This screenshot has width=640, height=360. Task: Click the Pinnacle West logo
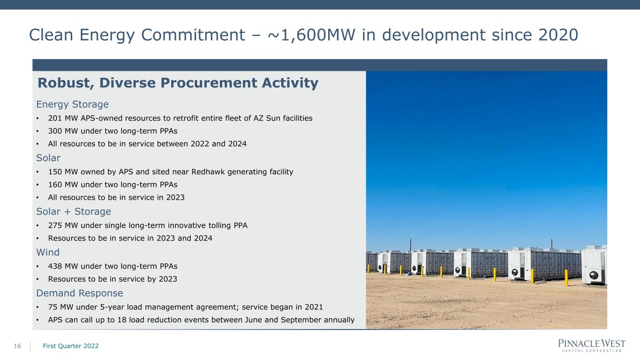pos(592,345)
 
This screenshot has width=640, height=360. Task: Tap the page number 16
pos(17,346)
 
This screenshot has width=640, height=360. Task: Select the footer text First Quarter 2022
pos(71,346)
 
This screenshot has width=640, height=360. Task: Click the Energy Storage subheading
pos(72,105)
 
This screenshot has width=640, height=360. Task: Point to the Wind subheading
pos(48,252)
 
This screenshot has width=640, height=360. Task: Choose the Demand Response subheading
pos(79,293)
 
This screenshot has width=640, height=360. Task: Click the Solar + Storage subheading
pos(74,211)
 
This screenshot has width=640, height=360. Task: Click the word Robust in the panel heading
pos(66,83)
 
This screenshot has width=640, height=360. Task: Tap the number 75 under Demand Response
pos(53,307)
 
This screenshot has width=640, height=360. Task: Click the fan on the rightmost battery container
pos(594,276)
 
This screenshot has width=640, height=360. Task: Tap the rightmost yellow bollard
pos(566,277)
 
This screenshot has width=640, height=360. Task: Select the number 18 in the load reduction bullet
pos(122,320)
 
